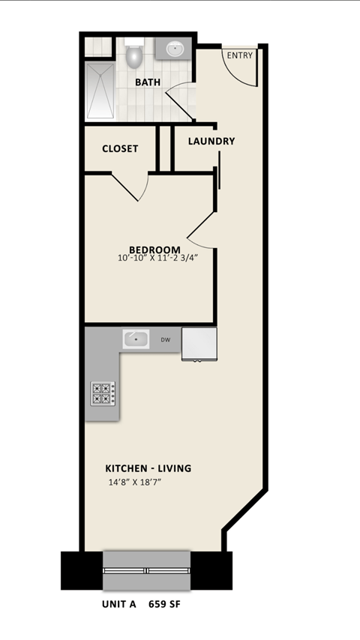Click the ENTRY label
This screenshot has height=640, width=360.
tap(240, 55)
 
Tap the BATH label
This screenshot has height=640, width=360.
tap(148, 82)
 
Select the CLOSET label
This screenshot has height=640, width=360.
tap(120, 148)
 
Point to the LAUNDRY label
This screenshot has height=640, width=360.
tap(211, 141)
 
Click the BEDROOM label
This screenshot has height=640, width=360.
tap(154, 250)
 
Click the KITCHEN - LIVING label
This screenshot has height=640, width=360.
tap(148, 468)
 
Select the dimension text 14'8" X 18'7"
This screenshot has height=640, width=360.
tap(135, 483)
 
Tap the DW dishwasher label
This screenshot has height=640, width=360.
tap(165, 340)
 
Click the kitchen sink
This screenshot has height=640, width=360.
tap(136, 339)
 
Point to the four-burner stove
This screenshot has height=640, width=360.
tap(103, 393)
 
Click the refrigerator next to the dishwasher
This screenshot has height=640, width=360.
tap(199, 343)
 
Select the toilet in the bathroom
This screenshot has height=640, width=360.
tap(135, 55)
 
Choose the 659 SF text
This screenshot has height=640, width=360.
tap(164, 603)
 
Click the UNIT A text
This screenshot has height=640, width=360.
tap(119, 603)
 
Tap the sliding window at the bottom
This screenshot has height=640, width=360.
tap(146, 570)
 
